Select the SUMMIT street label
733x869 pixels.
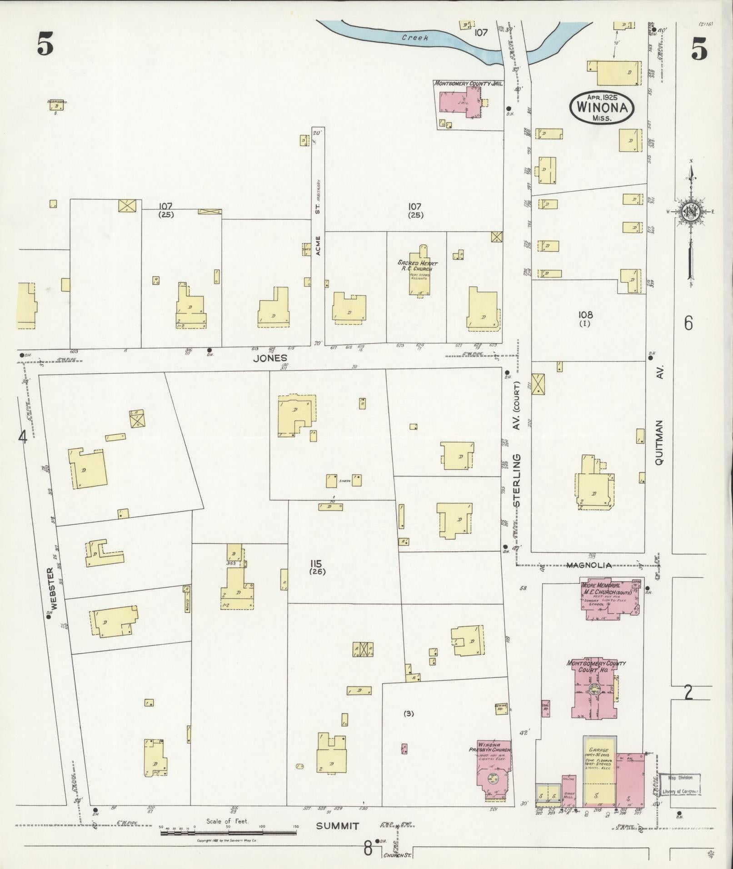(x=337, y=826)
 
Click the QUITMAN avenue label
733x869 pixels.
(x=659, y=442)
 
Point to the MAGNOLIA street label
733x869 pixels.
(x=588, y=565)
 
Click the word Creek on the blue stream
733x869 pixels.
(x=414, y=38)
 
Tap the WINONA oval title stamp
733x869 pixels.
(x=601, y=107)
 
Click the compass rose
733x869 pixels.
(x=690, y=211)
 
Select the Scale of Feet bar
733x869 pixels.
(x=227, y=833)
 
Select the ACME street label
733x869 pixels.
(x=318, y=245)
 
